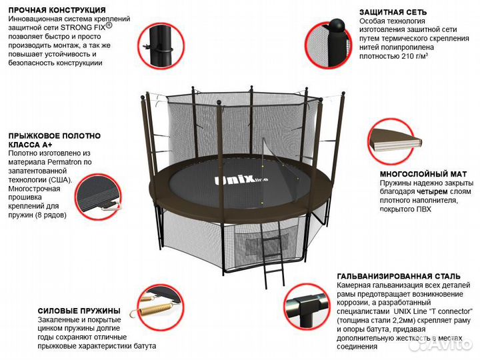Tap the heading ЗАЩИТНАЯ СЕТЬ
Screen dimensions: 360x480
[x=393, y=12]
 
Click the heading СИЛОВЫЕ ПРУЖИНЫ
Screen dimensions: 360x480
[x=78, y=311]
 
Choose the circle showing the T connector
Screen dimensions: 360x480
[x=308, y=308]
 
